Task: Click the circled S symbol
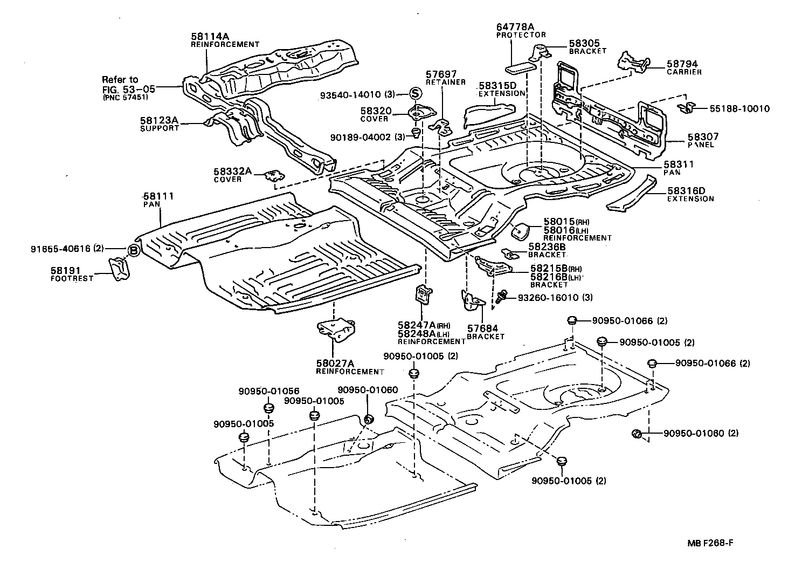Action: coord(416,93)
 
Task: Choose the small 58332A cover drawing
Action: coord(275,176)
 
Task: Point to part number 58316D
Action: coord(686,191)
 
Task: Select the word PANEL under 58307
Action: coord(701,145)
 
